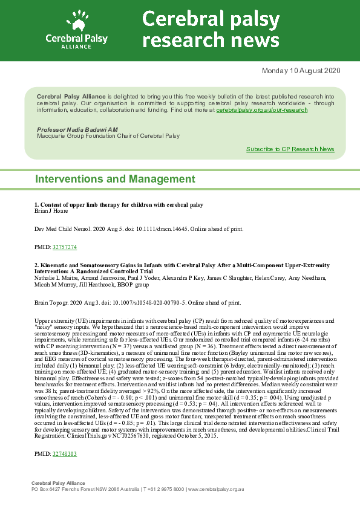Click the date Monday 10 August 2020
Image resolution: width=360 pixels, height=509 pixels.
(x=301, y=71)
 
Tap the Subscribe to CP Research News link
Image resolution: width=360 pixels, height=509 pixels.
(x=290, y=149)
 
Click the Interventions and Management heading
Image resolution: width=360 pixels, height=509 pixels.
(x=115, y=179)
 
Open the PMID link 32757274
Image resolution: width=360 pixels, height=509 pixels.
(x=65, y=247)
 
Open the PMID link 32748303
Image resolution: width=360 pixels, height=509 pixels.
(x=65, y=470)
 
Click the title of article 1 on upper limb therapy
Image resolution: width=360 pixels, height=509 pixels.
(x=119, y=205)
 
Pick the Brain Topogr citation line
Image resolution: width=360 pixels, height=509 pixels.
(x=137, y=302)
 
